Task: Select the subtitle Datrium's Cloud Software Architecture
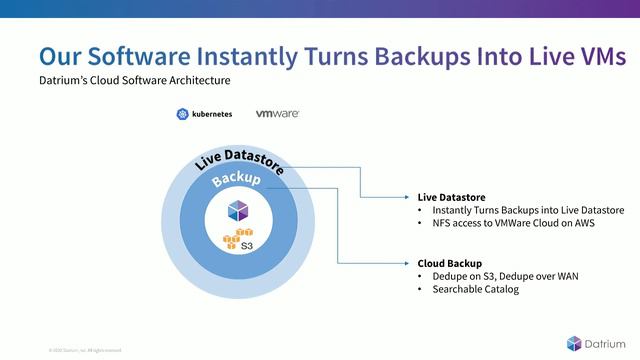pyautogui.click(x=134, y=80)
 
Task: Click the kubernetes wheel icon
pyautogui.click(x=182, y=114)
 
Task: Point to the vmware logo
pyautogui.click(x=277, y=114)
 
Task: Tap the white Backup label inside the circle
pyautogui.click(x=237, y=181)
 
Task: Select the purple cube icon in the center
pyautogui.click(x=237, y=210)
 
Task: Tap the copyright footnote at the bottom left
pyautogui.click(x=84, y=350)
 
